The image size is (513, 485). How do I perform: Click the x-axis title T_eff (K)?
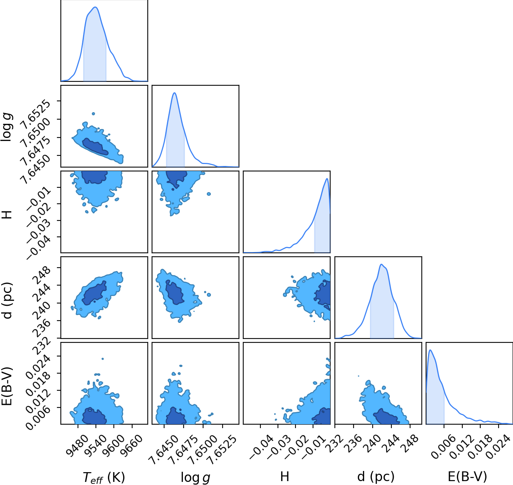click(104, 477)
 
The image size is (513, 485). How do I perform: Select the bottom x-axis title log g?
click(195, 478)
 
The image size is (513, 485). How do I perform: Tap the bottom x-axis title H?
click(285, 477)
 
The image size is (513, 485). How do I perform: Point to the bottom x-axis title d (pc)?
click(376, 477)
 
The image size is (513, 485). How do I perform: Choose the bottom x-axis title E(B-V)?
click(467, 477)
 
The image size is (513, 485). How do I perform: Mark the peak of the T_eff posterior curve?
click(96, 7)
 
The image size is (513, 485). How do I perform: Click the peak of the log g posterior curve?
click(175, 93)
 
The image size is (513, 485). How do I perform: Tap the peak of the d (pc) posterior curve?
click(381, 265)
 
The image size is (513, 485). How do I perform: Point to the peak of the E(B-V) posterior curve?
click(430, 350)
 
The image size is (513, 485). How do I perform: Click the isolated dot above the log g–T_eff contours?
click(93, 114)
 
